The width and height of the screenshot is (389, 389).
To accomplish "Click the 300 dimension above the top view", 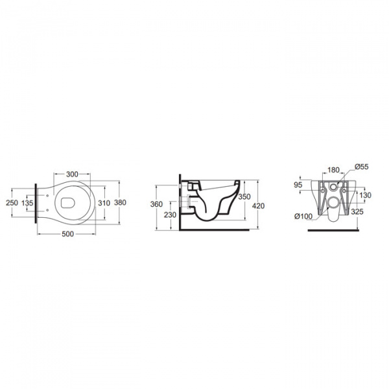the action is point(72,174).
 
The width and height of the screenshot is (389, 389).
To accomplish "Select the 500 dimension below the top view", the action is point(67,234).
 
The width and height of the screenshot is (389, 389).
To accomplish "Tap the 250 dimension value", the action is point(12,203).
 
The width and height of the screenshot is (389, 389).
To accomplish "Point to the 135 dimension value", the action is point(27,203).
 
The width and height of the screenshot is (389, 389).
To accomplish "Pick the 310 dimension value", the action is point(104,203).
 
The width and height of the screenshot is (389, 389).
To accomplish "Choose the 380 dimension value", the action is point(120,203).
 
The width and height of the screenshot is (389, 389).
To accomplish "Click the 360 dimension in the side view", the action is point(156,204).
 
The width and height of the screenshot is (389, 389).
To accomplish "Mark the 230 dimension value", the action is point(170,215).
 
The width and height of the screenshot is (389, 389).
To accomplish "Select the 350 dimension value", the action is point(244,196).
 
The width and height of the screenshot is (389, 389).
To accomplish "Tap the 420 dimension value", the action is point(258,206).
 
